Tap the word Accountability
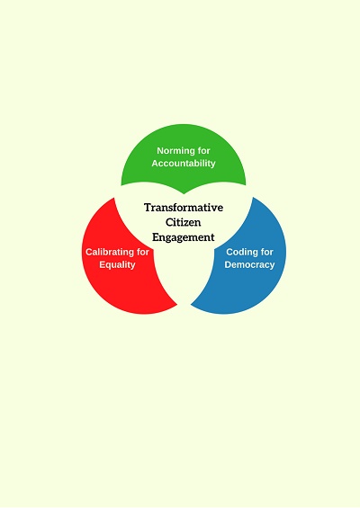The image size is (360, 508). click(184, 164)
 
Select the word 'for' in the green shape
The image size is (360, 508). click(203, 151)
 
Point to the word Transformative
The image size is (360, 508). click(184, 208)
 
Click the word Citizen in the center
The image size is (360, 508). click(184, 222)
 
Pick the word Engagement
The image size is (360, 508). click(184, 237)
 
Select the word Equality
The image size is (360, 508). click(117, 264)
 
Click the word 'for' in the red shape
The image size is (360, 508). click(142, 252)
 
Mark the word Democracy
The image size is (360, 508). click(249, 264)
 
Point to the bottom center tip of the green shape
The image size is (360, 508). click(184, 194)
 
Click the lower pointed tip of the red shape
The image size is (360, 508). click(177, 305)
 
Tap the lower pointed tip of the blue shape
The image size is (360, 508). click(191, 305)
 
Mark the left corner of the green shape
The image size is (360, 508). click(121, 185)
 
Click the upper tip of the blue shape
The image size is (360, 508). click(253, 197)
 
